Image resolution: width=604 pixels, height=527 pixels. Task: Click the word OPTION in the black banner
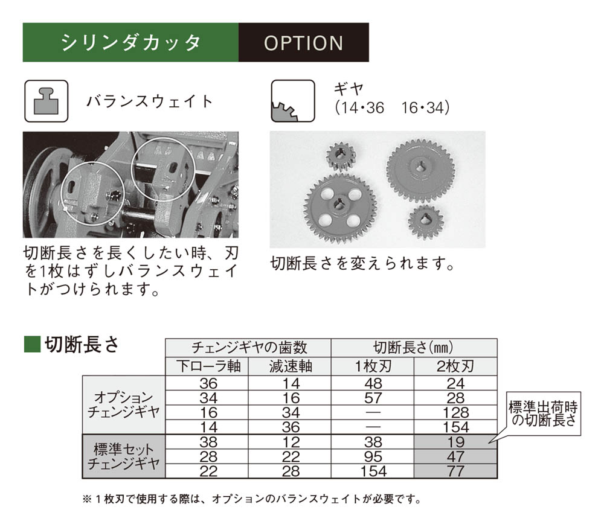[303, 43]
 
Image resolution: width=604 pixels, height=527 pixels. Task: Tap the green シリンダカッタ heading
[130, 43]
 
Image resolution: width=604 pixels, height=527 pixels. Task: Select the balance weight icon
[45, 100]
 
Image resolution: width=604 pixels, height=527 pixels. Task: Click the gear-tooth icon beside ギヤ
[292, 100]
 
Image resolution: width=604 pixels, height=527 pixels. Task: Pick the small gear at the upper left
[340, 156]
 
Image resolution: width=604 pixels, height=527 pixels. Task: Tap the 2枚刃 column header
[455, 366]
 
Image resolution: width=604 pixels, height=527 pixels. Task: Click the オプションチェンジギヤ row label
[123, 405]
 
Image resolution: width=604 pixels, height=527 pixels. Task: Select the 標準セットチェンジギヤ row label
[123, 457]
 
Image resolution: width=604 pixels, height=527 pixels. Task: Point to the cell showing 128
[455, 413]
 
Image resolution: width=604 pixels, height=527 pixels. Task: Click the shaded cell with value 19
[455, 442]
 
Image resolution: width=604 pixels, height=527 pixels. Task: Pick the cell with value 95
[373, 457]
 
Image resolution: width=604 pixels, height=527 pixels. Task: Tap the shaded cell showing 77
[455, 471]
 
